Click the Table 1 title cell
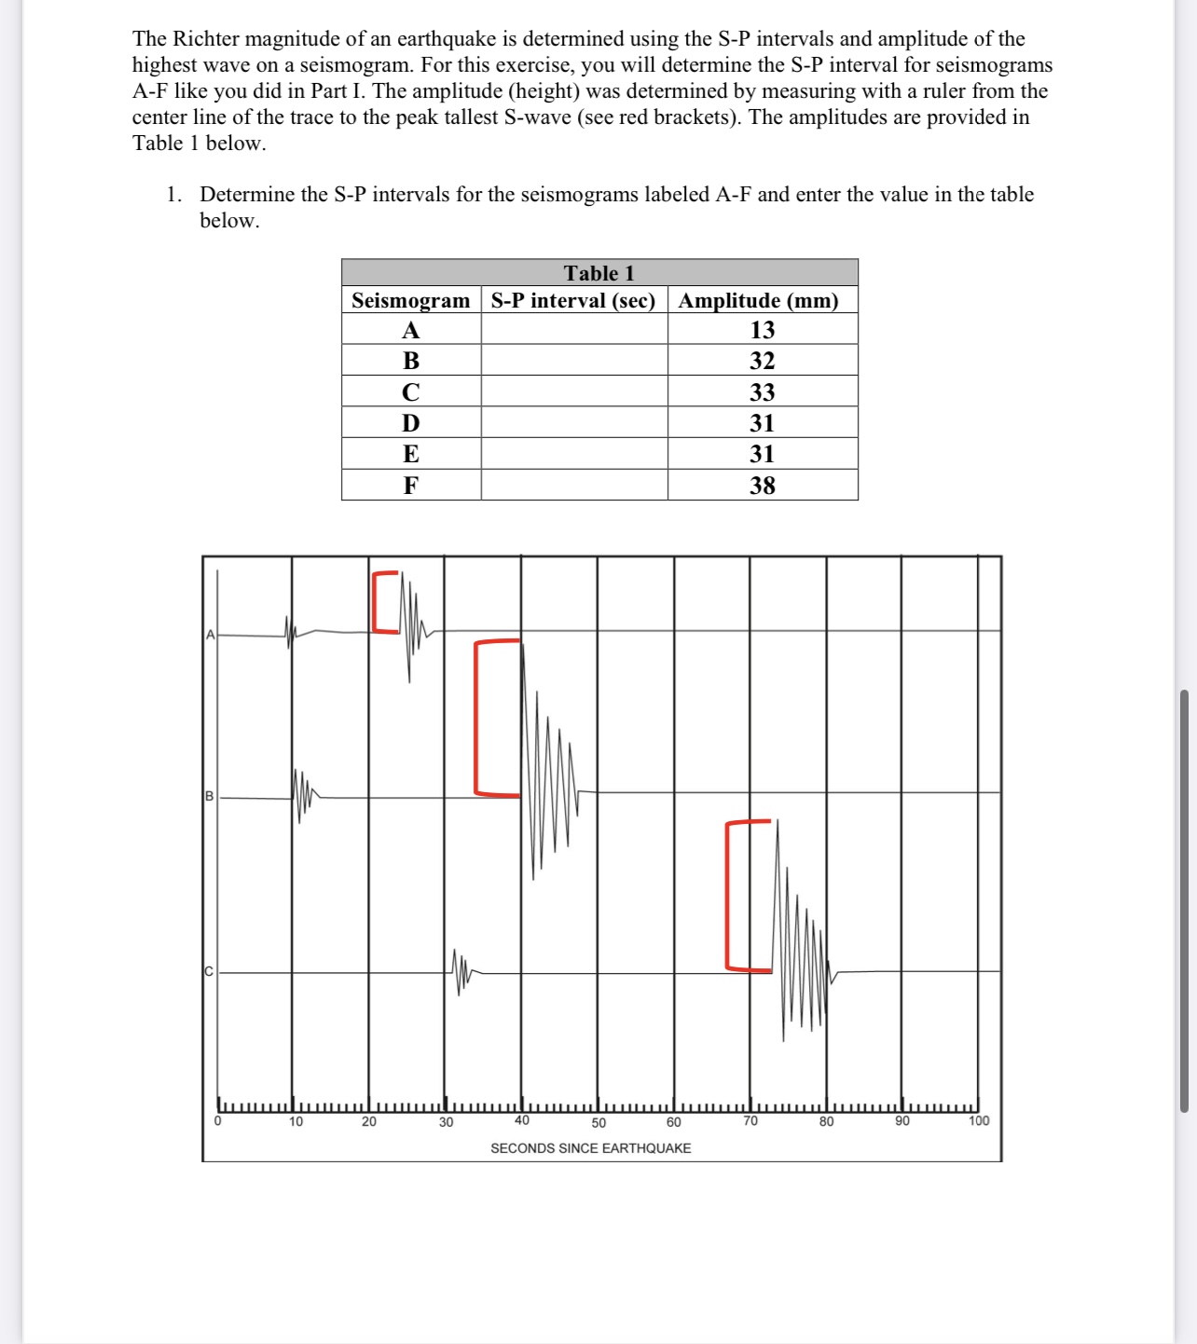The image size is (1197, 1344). tap(598, 273)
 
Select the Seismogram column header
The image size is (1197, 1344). tap(411, 300)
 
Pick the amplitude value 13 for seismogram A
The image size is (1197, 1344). tap(762, 330)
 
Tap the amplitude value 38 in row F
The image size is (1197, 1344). tap(762, 485)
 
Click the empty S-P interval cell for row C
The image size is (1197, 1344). tap(574, 391)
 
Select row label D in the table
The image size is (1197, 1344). tap(411, 423)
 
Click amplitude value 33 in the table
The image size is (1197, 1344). tap(762, 391)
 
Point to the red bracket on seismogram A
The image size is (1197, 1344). tap(377, 602)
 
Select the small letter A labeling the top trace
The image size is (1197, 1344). tap(210, 635)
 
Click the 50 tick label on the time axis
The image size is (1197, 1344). tap(598, 1123)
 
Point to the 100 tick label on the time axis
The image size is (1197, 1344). tap(979, 1121)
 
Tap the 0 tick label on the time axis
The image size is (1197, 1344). tap(217, 1122)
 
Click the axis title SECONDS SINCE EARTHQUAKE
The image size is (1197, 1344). tap(590, 1148)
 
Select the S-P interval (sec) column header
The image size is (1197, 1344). tap(573, 300)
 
